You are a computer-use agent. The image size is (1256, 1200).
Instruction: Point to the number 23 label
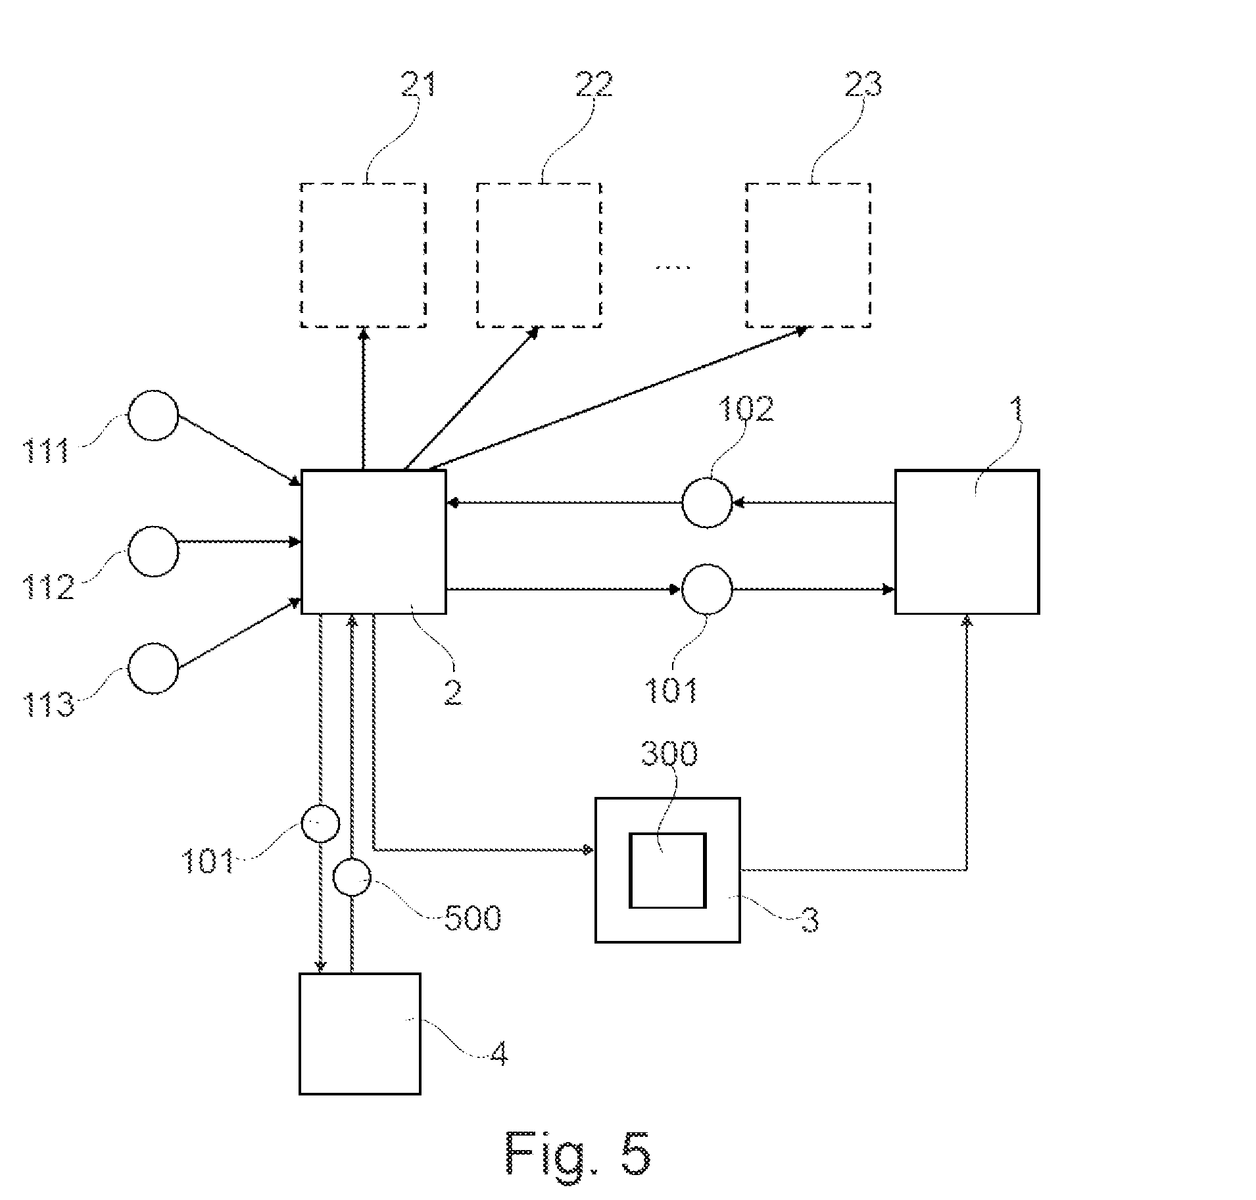point(863,84)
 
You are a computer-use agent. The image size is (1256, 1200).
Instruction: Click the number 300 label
point(669,754)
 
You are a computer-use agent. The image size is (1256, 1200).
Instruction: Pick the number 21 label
point(418,84)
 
